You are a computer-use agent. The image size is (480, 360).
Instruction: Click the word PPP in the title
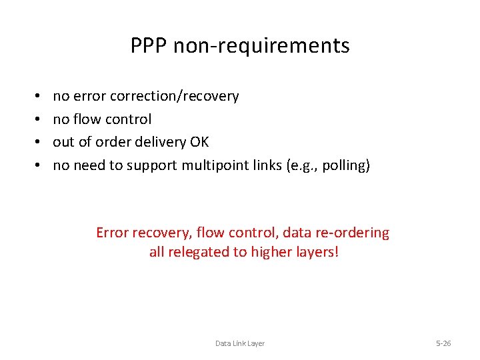click(147, 46)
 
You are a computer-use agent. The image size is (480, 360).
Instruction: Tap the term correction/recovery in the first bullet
click(184, 96)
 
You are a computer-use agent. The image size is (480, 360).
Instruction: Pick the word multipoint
click(217, 165)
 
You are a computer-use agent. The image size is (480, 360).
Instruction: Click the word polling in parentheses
click(342, 165)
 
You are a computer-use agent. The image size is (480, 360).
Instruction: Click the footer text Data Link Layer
click(240, 343)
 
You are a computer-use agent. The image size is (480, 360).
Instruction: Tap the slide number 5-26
click(443, 343)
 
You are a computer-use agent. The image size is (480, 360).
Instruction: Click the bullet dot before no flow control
click(34, 119)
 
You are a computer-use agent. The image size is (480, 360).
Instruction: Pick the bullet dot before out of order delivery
click(34, 142)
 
